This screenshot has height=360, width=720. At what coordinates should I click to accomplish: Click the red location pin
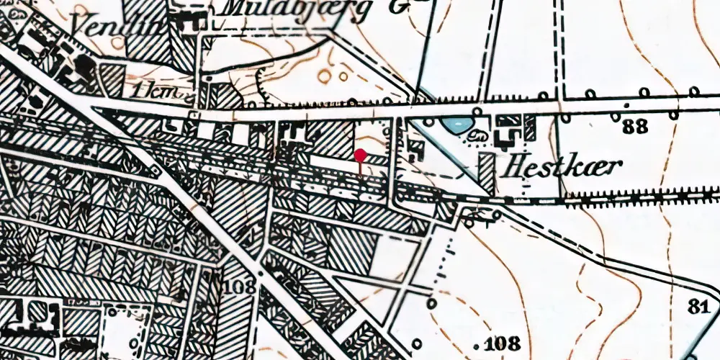[x=360, y=155]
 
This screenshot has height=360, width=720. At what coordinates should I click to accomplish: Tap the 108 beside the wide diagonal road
[x=239, y=287]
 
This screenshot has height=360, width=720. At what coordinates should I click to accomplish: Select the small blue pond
[x=456, y=125]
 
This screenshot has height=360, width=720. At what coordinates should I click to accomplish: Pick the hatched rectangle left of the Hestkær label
[x=487, y=174]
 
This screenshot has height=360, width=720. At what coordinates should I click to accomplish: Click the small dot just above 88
[x=616, y=116]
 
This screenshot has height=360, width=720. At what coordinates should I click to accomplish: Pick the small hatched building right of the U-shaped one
[x=530, y=127]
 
